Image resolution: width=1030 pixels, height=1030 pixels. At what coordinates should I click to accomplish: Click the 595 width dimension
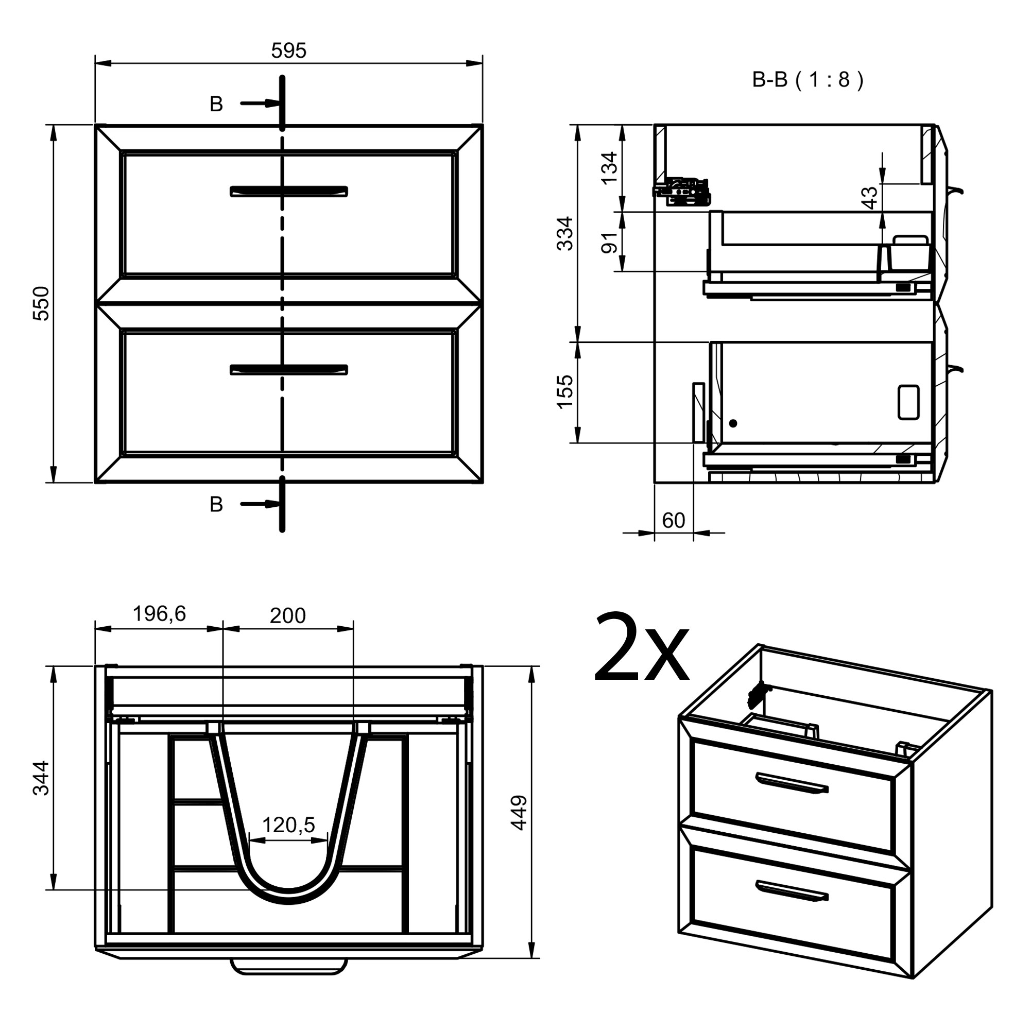(288, 51)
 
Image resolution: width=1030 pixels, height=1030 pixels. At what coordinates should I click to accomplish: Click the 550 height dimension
(42, 303)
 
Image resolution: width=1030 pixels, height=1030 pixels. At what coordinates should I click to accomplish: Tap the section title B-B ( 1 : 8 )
(807, 80)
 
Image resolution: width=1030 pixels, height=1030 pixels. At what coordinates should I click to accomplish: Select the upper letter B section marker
(216, 104)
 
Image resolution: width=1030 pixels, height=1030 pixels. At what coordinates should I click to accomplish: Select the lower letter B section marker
(216, 504)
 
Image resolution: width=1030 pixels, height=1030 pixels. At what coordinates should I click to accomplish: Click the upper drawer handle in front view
(288, 192)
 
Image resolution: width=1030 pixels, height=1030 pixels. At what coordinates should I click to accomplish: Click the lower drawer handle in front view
(288, 370)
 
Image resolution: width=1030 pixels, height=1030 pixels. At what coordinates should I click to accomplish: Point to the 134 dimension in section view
(609, 168)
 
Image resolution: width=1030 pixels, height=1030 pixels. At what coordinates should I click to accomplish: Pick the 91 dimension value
(609, 243)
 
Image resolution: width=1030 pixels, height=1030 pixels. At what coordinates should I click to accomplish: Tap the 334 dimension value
(564, 233)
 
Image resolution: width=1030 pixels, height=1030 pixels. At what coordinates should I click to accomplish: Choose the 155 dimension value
(564, 392)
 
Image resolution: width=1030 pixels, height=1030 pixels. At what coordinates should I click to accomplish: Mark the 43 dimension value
(869, 198)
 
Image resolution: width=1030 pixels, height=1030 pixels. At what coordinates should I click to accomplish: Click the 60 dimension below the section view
(673, 521)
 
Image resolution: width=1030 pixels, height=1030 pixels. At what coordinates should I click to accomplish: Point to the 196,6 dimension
(159, 614)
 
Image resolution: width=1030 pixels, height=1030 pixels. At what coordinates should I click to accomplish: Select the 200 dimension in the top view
(287, 616)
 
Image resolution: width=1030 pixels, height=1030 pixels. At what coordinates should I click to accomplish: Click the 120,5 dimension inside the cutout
(288, 825)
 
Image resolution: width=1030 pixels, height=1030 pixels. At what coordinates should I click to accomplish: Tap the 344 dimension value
(42, 778)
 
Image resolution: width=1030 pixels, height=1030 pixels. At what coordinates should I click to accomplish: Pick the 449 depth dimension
(519, 813)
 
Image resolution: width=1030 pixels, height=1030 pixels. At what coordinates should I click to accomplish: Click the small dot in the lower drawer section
(733, 423)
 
